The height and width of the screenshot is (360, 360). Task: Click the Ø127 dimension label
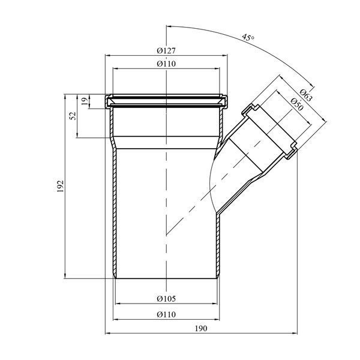pos(166,50)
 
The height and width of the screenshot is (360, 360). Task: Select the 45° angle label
pos(248,37)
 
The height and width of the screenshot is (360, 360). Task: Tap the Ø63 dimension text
pos(306,95)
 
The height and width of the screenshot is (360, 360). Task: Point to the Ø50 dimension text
pos(297,104)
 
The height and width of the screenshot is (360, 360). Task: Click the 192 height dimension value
pos(60,186)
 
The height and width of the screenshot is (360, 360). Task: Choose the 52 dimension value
pos(73,116)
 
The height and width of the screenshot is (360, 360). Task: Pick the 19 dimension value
pos(85,101)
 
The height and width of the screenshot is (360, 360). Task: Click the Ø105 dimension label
pos(166,299)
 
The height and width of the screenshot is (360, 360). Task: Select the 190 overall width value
pos(201,328)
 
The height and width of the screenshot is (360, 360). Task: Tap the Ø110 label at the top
pos(166,64)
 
